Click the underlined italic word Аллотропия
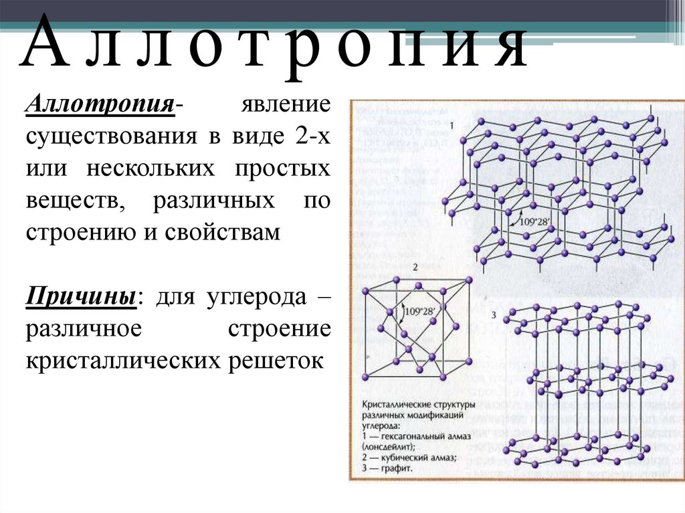click(100, 105)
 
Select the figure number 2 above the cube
click(415, 267)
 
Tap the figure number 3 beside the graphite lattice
click(492, 314)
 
